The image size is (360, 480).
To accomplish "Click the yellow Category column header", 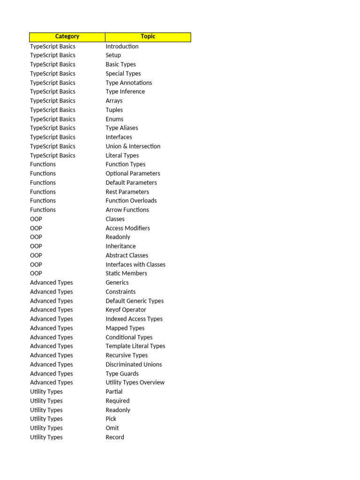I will (67, 37).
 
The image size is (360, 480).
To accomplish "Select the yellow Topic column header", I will (148, 37).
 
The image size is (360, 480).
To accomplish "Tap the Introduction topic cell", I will (122, 46).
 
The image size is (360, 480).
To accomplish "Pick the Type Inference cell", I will (125, 92).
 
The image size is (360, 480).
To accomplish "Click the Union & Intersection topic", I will (133, 146).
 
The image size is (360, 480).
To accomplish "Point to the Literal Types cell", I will (122, 156).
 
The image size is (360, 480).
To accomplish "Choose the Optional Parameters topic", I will (133, 173).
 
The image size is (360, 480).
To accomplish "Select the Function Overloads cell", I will (131, 201).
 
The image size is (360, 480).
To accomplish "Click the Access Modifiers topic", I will (127, 228).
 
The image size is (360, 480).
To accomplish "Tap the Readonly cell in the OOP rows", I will (118, 237).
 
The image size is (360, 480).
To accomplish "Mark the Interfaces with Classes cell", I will (135, 264).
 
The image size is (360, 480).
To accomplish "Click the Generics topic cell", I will (117, 283).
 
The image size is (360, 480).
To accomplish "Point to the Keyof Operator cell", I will (126, 310).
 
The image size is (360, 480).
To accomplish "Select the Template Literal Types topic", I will (135, 346).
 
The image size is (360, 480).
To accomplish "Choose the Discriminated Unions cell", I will (134, 364).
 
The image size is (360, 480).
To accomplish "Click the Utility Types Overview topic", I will (135, 382).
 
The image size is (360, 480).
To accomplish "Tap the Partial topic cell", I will (114, 392).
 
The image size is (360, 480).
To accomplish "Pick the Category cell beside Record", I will (46, 437).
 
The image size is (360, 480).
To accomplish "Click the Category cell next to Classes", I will (36, 219).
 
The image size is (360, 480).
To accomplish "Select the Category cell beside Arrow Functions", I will (43, 210).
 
